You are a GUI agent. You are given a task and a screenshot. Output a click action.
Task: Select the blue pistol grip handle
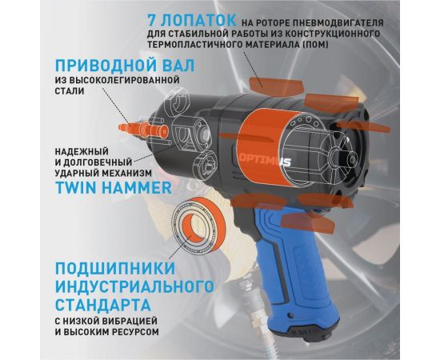(x=293, y=264)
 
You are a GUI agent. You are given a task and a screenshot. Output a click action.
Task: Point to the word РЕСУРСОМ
(x=131, y=332)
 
